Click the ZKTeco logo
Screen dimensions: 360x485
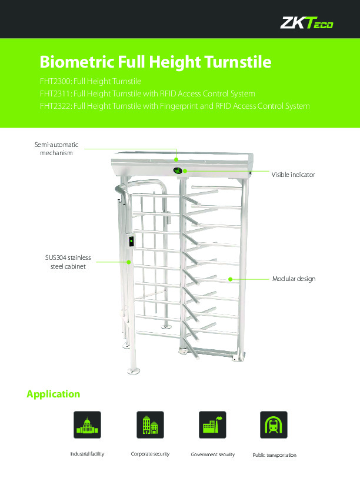[306, 22]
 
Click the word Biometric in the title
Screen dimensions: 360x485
[77, 62]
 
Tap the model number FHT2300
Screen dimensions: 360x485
[55, 81]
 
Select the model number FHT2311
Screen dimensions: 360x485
[55, 93]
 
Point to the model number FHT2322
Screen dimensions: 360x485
[55, 106]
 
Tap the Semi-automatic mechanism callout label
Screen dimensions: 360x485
[56, 149]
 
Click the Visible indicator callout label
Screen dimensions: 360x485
[293, 175]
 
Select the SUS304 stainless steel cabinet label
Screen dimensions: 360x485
[68, 262]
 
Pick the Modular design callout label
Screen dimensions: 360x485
[294, 279]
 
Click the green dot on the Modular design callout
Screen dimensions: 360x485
[231, 279]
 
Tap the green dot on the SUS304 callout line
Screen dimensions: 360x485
[129, 262]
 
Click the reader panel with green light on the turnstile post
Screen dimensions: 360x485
[131, 241]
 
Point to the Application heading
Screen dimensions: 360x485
[54, 394]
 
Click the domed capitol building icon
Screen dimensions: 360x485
[87, 424]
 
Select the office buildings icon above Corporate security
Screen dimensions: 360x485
[150, 424]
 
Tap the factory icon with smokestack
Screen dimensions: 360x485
[212, 424]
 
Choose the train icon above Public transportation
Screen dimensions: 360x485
[274, 424]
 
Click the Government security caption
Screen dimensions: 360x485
[213, 454]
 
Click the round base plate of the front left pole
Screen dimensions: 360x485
[134, 370]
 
